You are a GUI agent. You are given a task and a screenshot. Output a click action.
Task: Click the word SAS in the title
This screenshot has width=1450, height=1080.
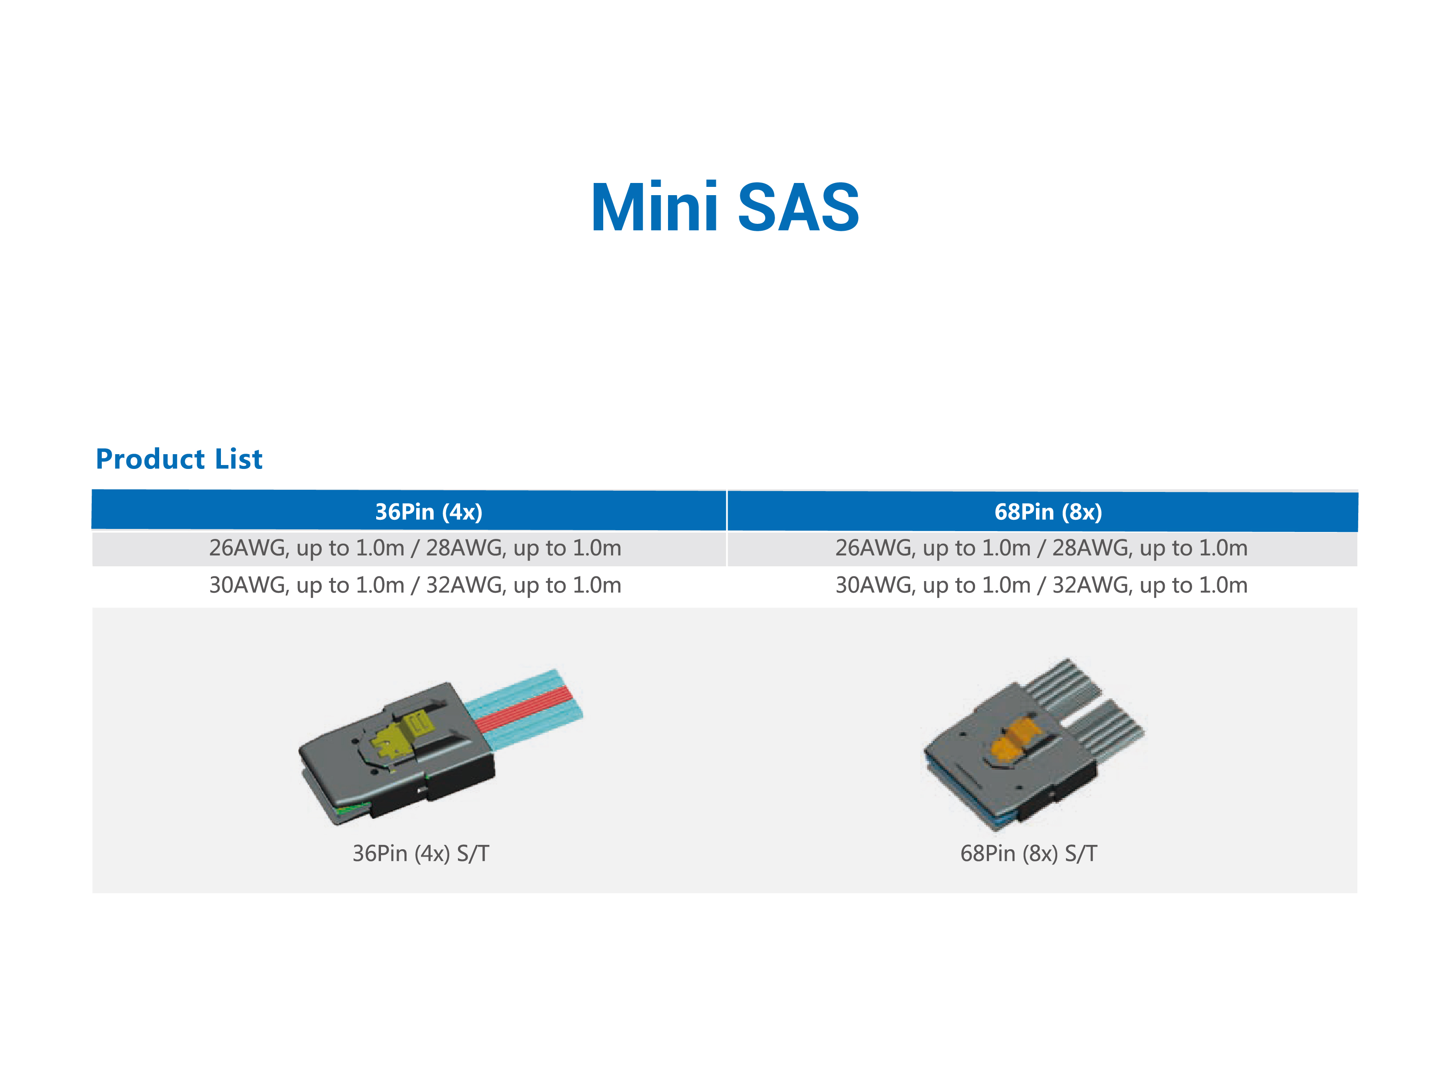[x=799, y=207]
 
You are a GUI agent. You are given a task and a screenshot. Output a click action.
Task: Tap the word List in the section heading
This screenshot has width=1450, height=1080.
[x=239, y=459]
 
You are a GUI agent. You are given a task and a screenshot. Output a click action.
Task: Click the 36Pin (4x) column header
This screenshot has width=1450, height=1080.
[x=428, y=512]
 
